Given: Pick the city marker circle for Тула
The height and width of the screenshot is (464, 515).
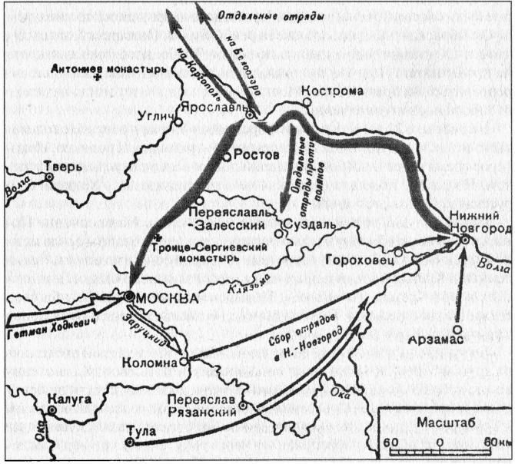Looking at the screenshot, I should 128,442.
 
